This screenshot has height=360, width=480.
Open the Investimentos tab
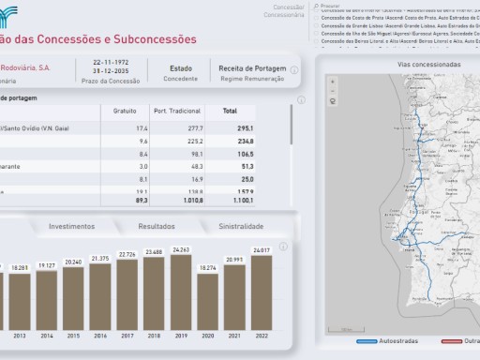[x=71, y=227]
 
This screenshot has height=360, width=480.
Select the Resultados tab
[x=157, y=227]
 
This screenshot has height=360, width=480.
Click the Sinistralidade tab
[x=241, y=227]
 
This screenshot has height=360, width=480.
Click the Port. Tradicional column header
[x=171, y=111]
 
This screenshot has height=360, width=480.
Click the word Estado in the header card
[x=181, y=68]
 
